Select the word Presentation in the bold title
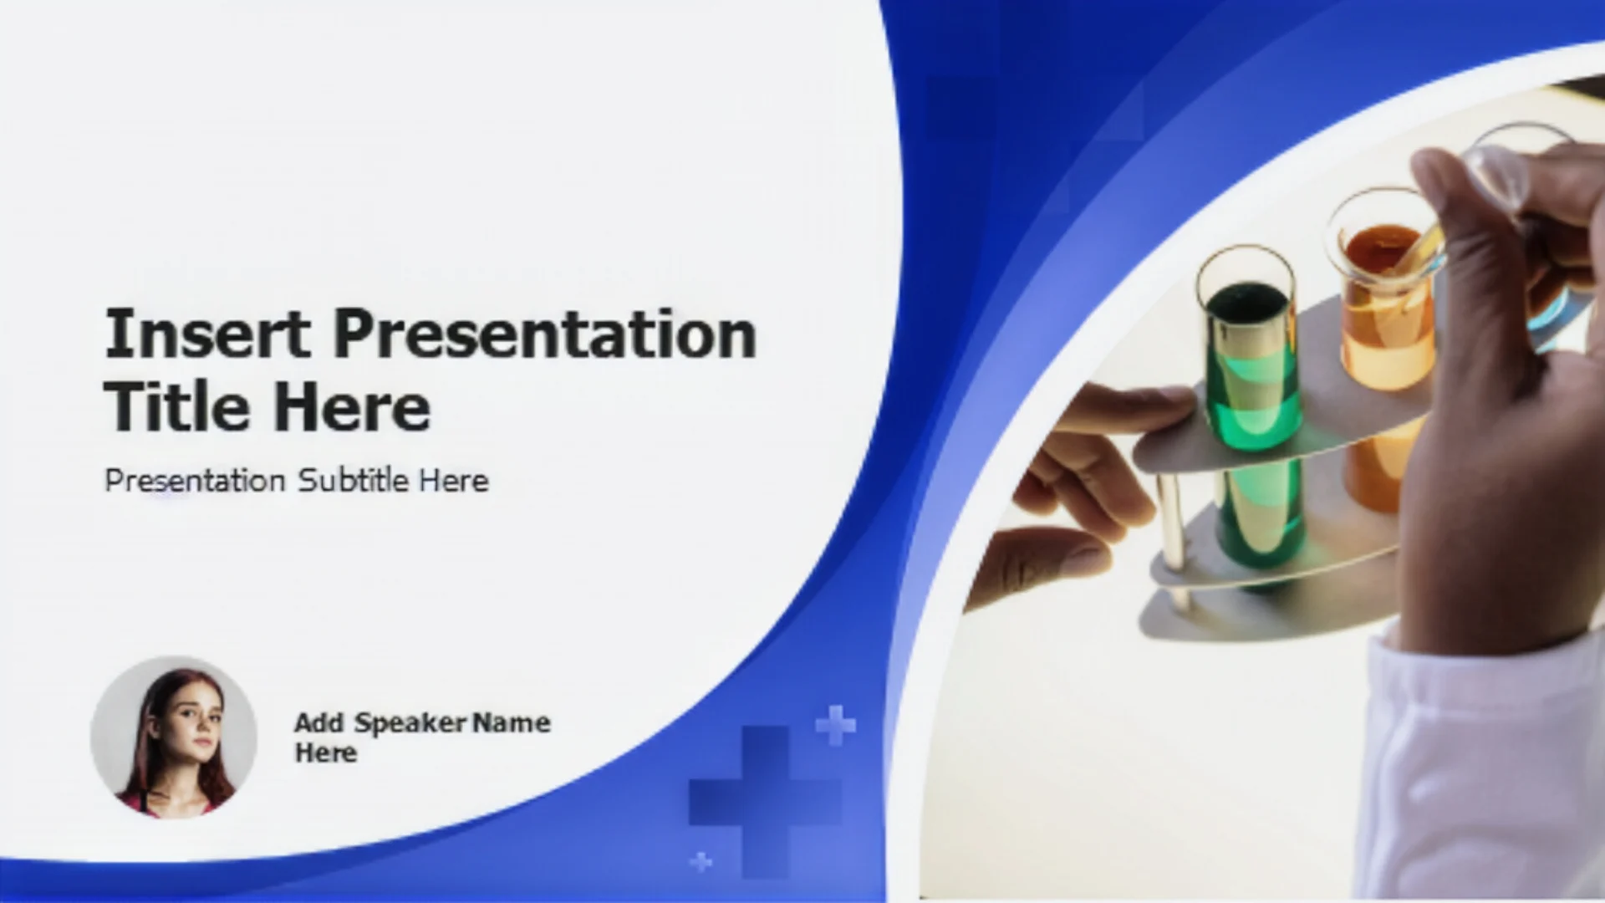(545, 334)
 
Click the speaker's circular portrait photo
(174, 737)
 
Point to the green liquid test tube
(1251, 418)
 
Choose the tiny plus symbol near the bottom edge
(701, 860)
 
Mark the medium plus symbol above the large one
(835, 725)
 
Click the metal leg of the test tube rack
(1173, 535)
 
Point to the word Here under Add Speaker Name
(326, 752)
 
